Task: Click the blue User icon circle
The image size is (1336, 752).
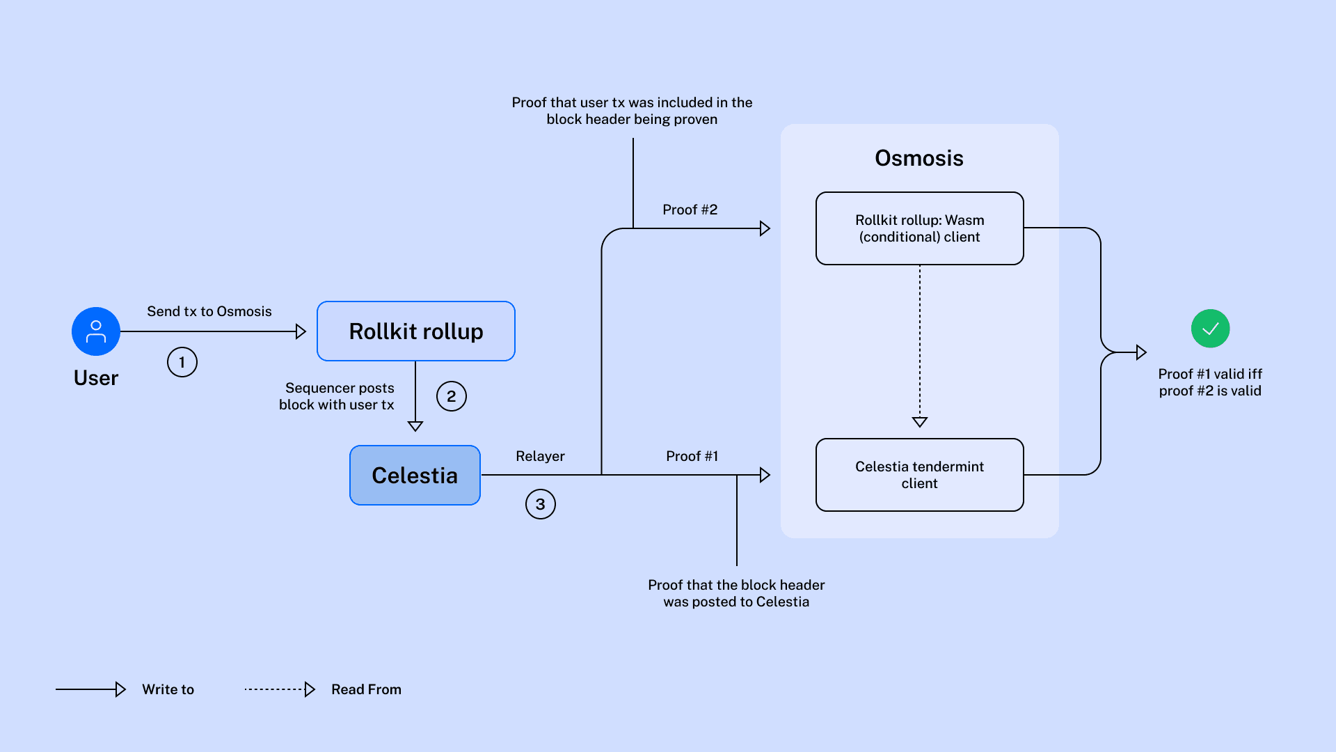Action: [x=96, y=331]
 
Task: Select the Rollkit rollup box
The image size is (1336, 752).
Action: [x=416, y=331]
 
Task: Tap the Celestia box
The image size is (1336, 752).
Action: [x=415, y=476]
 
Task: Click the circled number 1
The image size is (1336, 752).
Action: [x=182, y=362]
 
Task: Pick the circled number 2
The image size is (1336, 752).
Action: [x=452, y=396]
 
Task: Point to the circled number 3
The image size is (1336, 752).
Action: [x=541, y=504]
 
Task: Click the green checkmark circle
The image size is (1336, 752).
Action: [x=1210, y=329]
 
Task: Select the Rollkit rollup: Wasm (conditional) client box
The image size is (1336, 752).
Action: [x=919, y=228]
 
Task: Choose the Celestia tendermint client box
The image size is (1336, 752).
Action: [x=919, y=475]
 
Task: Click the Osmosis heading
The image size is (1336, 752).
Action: [x=919, y=158]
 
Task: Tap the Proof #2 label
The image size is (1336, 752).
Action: [x=690, y=210]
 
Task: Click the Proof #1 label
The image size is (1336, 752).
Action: [x=692, y=456]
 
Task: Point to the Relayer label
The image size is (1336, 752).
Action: [x=540, y=456]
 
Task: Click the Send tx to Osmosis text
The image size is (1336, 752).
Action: [x=209, y=311]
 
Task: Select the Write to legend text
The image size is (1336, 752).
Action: [x=168, y=689]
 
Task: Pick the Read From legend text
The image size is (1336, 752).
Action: [x=366, y=689]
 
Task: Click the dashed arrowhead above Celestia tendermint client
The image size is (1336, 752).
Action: [x=920, y=422]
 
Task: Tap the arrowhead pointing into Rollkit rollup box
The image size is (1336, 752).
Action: [x=301, y=331]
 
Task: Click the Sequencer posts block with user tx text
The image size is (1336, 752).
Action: [x=337, y=396]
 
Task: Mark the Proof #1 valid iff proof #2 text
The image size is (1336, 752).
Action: [x=1210, y=382]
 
